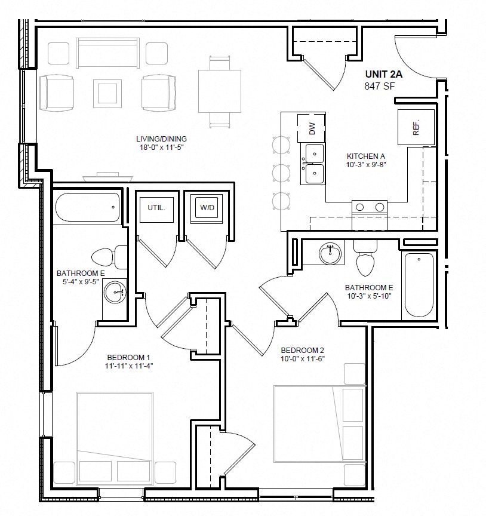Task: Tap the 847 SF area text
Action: coord(380,86)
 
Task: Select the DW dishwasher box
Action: coord(312,127)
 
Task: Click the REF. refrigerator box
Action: coord(416,127)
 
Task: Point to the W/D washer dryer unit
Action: coord(207,208)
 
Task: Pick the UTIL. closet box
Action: coord(156,208)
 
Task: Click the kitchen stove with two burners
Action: coord(370,207)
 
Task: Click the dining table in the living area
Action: coord(219,91)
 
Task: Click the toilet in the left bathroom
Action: coord(106,257)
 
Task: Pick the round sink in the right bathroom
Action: coord(330,253)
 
